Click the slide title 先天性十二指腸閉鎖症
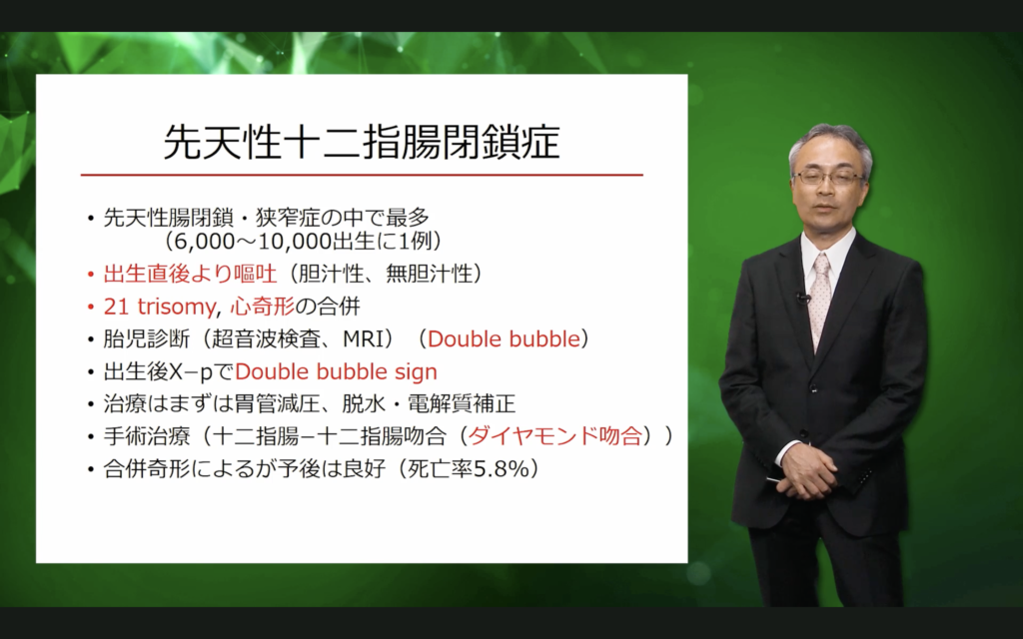[x=362, y=142]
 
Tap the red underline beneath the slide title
[x=362, y=175]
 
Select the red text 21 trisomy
[x=159, y=307]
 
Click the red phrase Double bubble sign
[x=336, y=371]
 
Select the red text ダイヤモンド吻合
[x=555, y=435]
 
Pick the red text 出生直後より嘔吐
[x=190, y=274]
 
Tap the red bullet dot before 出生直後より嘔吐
[x=91, y=275]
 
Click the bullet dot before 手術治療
[x=91, y=437]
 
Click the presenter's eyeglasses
[x=828, y=177]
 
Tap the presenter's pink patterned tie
[x=819, y=297]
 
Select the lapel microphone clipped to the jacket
[x=802, y=298]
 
